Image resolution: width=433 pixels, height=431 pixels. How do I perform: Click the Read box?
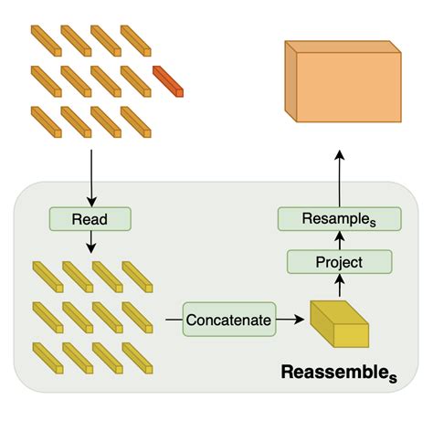point(90,219)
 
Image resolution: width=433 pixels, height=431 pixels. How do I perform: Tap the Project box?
point(339,262)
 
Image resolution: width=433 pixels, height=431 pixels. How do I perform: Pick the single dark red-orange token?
point(168,81)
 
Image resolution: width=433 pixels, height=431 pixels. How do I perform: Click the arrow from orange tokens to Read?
point(90,173)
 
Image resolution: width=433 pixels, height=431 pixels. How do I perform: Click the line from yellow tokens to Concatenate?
point(174,321)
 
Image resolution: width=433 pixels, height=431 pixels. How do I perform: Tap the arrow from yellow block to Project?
point(339,285)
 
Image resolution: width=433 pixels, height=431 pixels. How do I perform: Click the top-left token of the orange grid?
point(46,38)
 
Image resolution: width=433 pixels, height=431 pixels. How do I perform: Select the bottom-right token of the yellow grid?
point(137,356)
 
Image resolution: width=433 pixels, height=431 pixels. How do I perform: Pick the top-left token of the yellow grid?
point(47,275)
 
